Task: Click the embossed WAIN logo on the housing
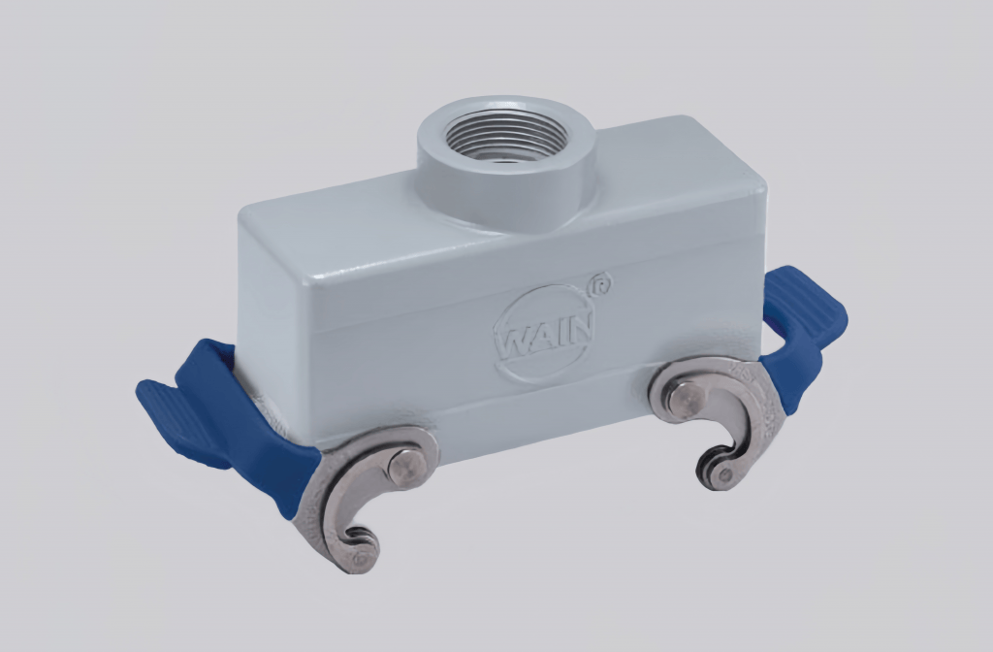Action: [x=543, y=333]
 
